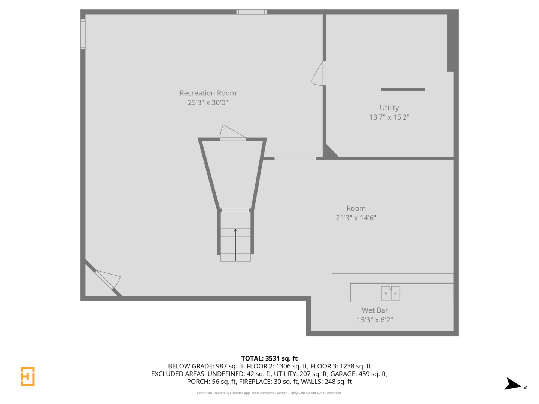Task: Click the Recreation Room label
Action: [208, 93]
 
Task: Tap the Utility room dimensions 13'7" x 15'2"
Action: [389, 117]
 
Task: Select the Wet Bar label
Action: [374, 310]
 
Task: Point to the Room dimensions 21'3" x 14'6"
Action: [356, 218]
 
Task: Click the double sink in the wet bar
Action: [390, 293]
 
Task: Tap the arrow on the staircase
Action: [235, 231]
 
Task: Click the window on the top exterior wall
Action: [251, 12]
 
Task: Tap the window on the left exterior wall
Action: [83, 34]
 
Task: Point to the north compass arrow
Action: [513, 384]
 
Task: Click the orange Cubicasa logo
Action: [28, 376]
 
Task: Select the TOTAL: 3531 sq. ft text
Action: [269, 358]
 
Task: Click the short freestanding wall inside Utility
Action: [403, 89]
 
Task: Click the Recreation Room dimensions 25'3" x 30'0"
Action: [208, 102]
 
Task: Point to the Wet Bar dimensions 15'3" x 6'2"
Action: [374, 320]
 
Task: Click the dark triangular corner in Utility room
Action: [330, 151]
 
